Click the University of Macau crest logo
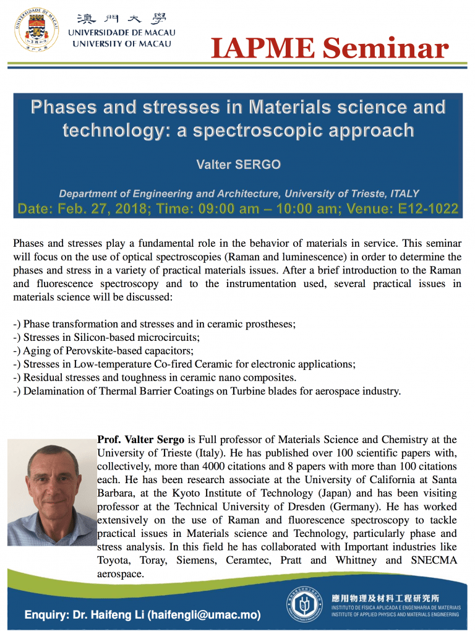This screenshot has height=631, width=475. pyautogui.click(x=36, y=28)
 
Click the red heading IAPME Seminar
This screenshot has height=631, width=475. pyautogui.click(x=329, y=48)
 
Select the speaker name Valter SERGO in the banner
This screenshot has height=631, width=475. pyautogui.click(x=238, y=164)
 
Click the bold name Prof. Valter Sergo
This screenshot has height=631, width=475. pyautogui.click(x=141, y=440)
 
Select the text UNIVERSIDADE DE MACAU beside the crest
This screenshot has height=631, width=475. pyautogui.click(x=121, y=33)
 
